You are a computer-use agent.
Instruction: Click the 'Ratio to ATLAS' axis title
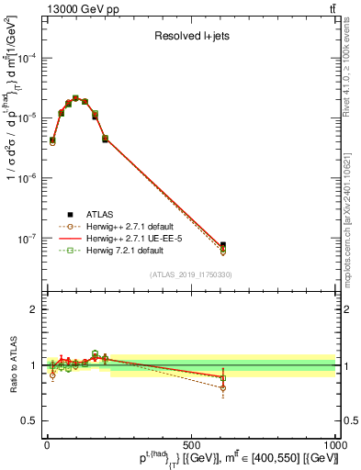[11, 364]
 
